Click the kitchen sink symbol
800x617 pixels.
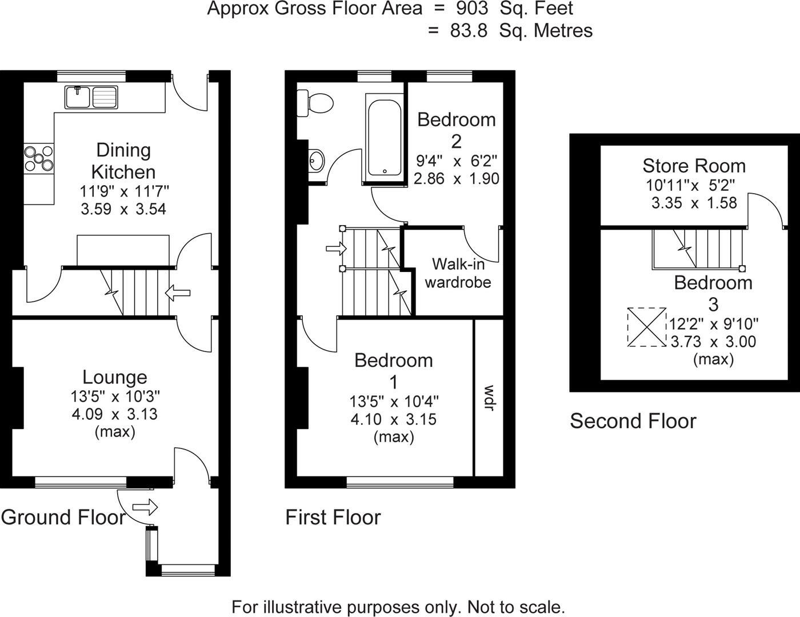(91, 97)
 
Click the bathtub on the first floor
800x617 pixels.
(384, 138)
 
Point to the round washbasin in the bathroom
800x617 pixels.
(316, 160)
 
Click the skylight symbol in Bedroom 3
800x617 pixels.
(647, 327)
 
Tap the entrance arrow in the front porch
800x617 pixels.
(145, 507)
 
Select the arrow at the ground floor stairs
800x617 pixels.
(178, 294)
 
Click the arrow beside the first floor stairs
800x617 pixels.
(335, 249)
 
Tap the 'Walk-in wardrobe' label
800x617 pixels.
(458, 273)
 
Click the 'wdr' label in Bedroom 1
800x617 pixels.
(489, 398)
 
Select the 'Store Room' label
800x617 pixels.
(694, 166)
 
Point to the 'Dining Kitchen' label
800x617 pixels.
(123, 161)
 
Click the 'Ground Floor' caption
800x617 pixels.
(63, 517)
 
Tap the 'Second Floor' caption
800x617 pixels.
(633, 421)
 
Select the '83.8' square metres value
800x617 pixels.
(469, 30)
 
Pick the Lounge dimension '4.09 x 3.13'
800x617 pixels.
(114, 414)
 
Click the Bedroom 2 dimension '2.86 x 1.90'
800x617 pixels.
(457, 178)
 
